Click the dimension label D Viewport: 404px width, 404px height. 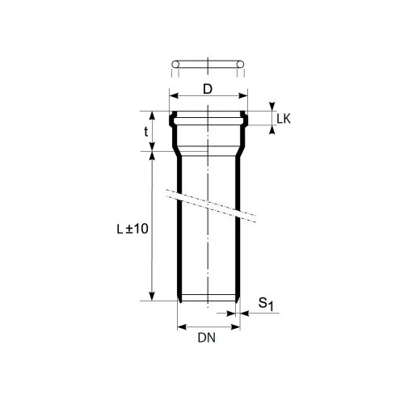pos(208,89)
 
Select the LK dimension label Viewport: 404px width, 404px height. pos(284,119)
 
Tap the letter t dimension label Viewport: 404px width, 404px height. pos(146,132)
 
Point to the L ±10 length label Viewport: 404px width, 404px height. pos(133,229)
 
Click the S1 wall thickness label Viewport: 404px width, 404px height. pos(266,304)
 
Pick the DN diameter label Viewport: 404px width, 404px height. pos(207,338)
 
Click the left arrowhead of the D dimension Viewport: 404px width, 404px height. pos(174,96)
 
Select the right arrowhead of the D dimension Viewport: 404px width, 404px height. pos(243,96)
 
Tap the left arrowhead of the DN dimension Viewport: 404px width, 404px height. pos(182,327)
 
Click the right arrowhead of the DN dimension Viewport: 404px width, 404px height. pos(236,327)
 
